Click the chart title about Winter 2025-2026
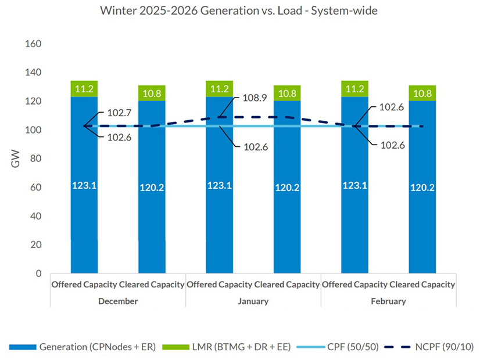pyautogui.click(x=239, y=11)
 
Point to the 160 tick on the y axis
pyautogui.click(x=34, y=44)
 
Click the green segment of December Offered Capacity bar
pyautogui.click(x=84, y=89)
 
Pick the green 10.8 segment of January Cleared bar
pyautogui.click(x=286, y=93)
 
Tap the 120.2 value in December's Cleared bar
pyautogui.click(x=151, y=188)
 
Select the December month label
pyautogui.click(x=118, y=301)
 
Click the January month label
pyautogui.click(x=253, y=301)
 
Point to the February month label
pyautogui.click(x=388, y=301)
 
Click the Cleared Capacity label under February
pyautogui.click(x=422, y=285)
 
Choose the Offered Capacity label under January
pyautogui.click(x=220, y=285)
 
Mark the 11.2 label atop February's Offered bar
pyautogui.click(x=354, y=89)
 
